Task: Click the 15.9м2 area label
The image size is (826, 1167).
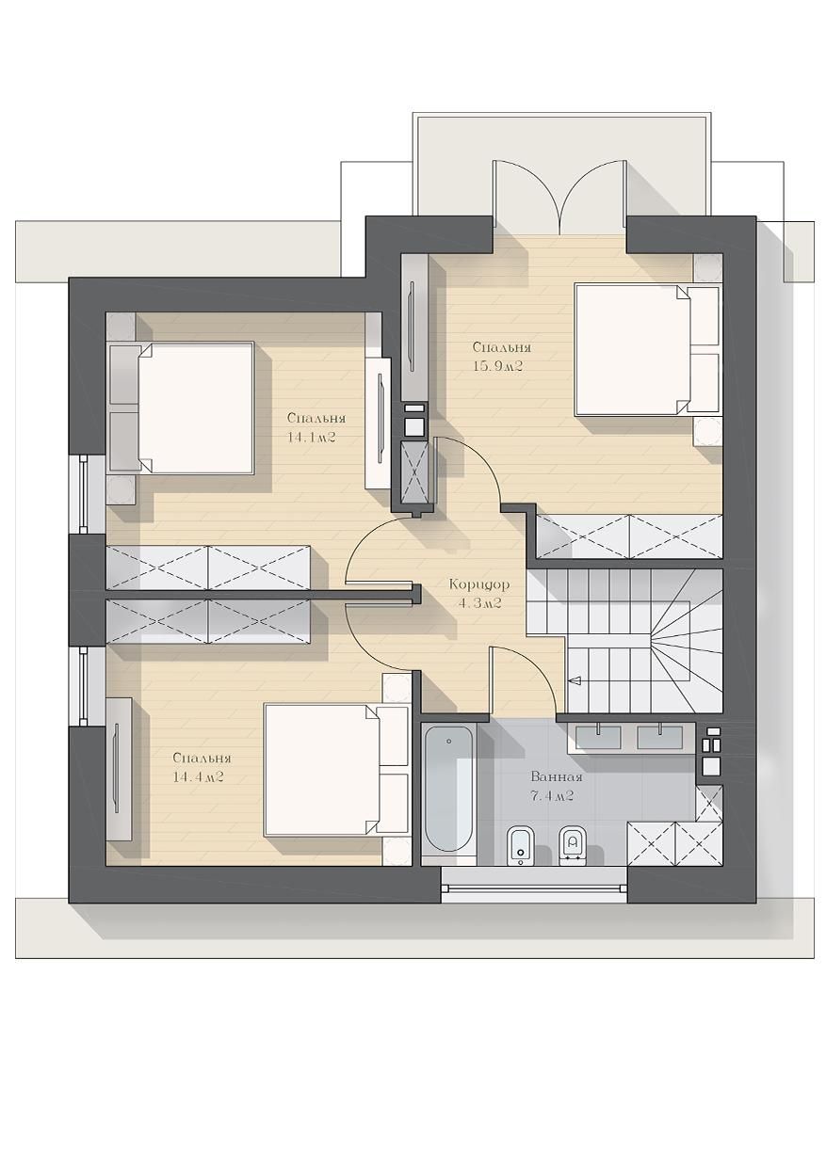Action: point(497,366)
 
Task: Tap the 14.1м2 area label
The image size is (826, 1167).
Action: point(311,438)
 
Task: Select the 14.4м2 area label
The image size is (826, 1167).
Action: point(198,777)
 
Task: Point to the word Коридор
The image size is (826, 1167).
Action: point(479,584)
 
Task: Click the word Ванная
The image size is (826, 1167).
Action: point(557,777)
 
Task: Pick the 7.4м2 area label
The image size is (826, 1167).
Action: point(552,796)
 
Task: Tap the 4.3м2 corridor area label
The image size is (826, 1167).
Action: point(479,603)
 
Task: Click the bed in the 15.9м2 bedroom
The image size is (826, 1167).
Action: point(647,349)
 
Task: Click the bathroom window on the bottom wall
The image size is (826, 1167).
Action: point(533,884)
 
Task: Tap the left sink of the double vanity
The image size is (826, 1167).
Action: point(598,737)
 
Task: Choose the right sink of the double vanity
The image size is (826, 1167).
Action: point(660,737)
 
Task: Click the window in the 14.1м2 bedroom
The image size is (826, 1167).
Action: point(84,494)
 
